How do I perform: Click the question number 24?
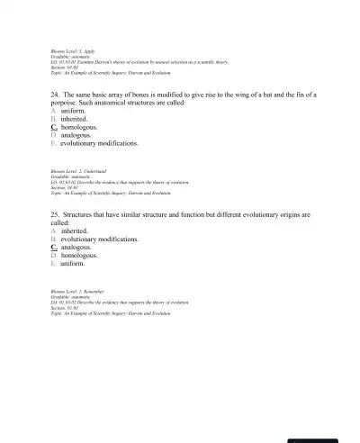tap(56, 94)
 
